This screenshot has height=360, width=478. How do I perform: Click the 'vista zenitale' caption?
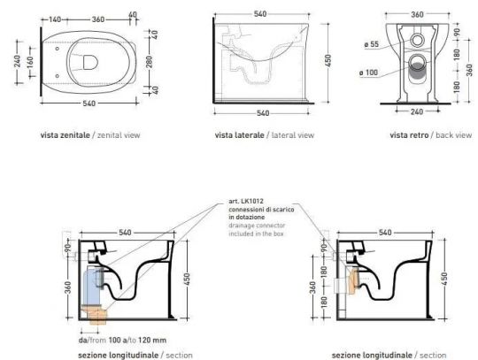[88, 135]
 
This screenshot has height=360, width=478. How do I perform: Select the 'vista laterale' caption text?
[263, 135]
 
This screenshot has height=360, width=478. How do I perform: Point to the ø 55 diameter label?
[373, 43]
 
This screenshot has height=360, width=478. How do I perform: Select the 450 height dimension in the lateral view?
[329, 61]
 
